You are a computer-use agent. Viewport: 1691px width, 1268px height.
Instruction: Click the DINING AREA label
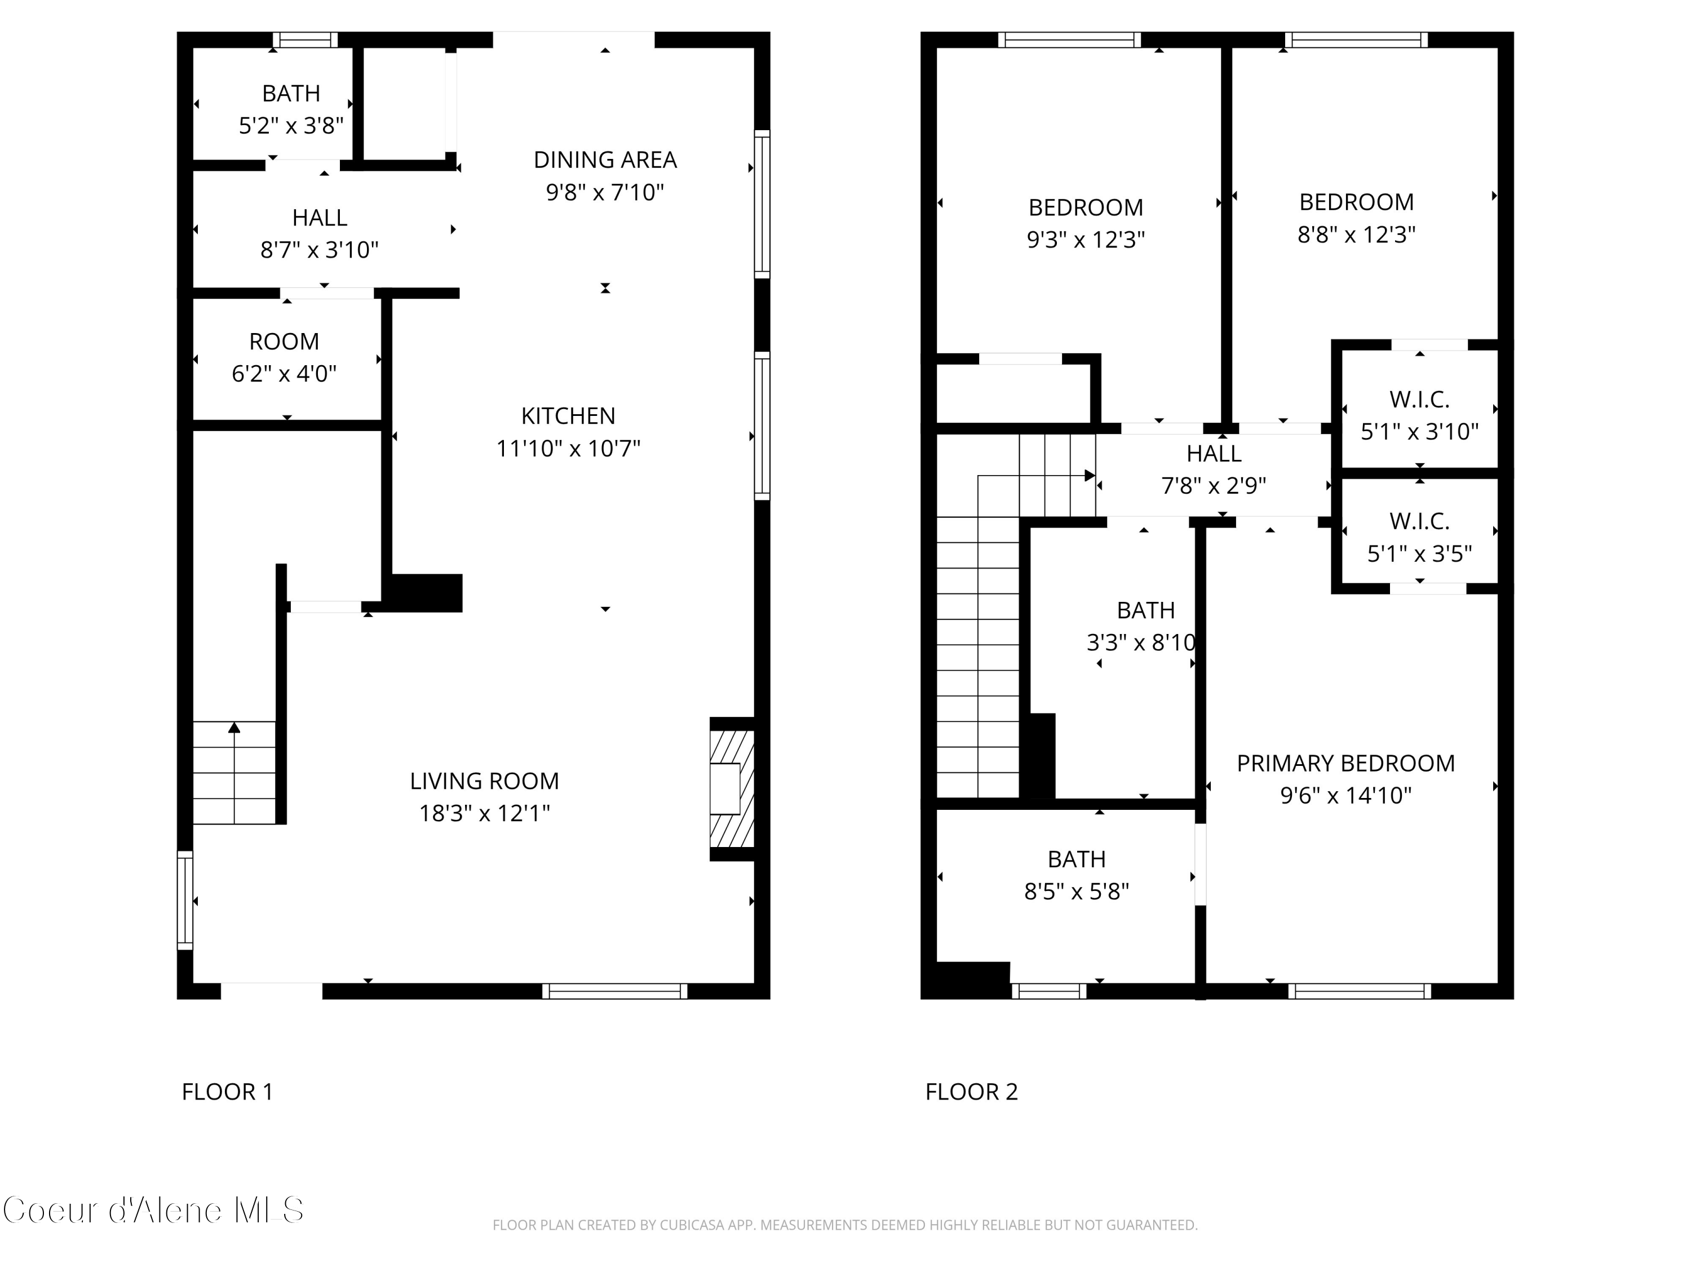(x=605, y=159)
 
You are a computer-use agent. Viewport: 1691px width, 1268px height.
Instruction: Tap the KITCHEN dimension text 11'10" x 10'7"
(x=568, y=448)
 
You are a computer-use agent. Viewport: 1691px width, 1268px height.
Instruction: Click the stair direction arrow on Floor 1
(x=234, y=728)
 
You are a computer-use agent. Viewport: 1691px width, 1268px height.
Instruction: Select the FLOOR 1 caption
(x=227, y=1092)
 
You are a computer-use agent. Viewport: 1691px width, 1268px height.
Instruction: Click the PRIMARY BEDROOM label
(x=1345, y=763)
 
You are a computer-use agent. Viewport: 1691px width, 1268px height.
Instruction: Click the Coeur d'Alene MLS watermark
(x=153, y=1210)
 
